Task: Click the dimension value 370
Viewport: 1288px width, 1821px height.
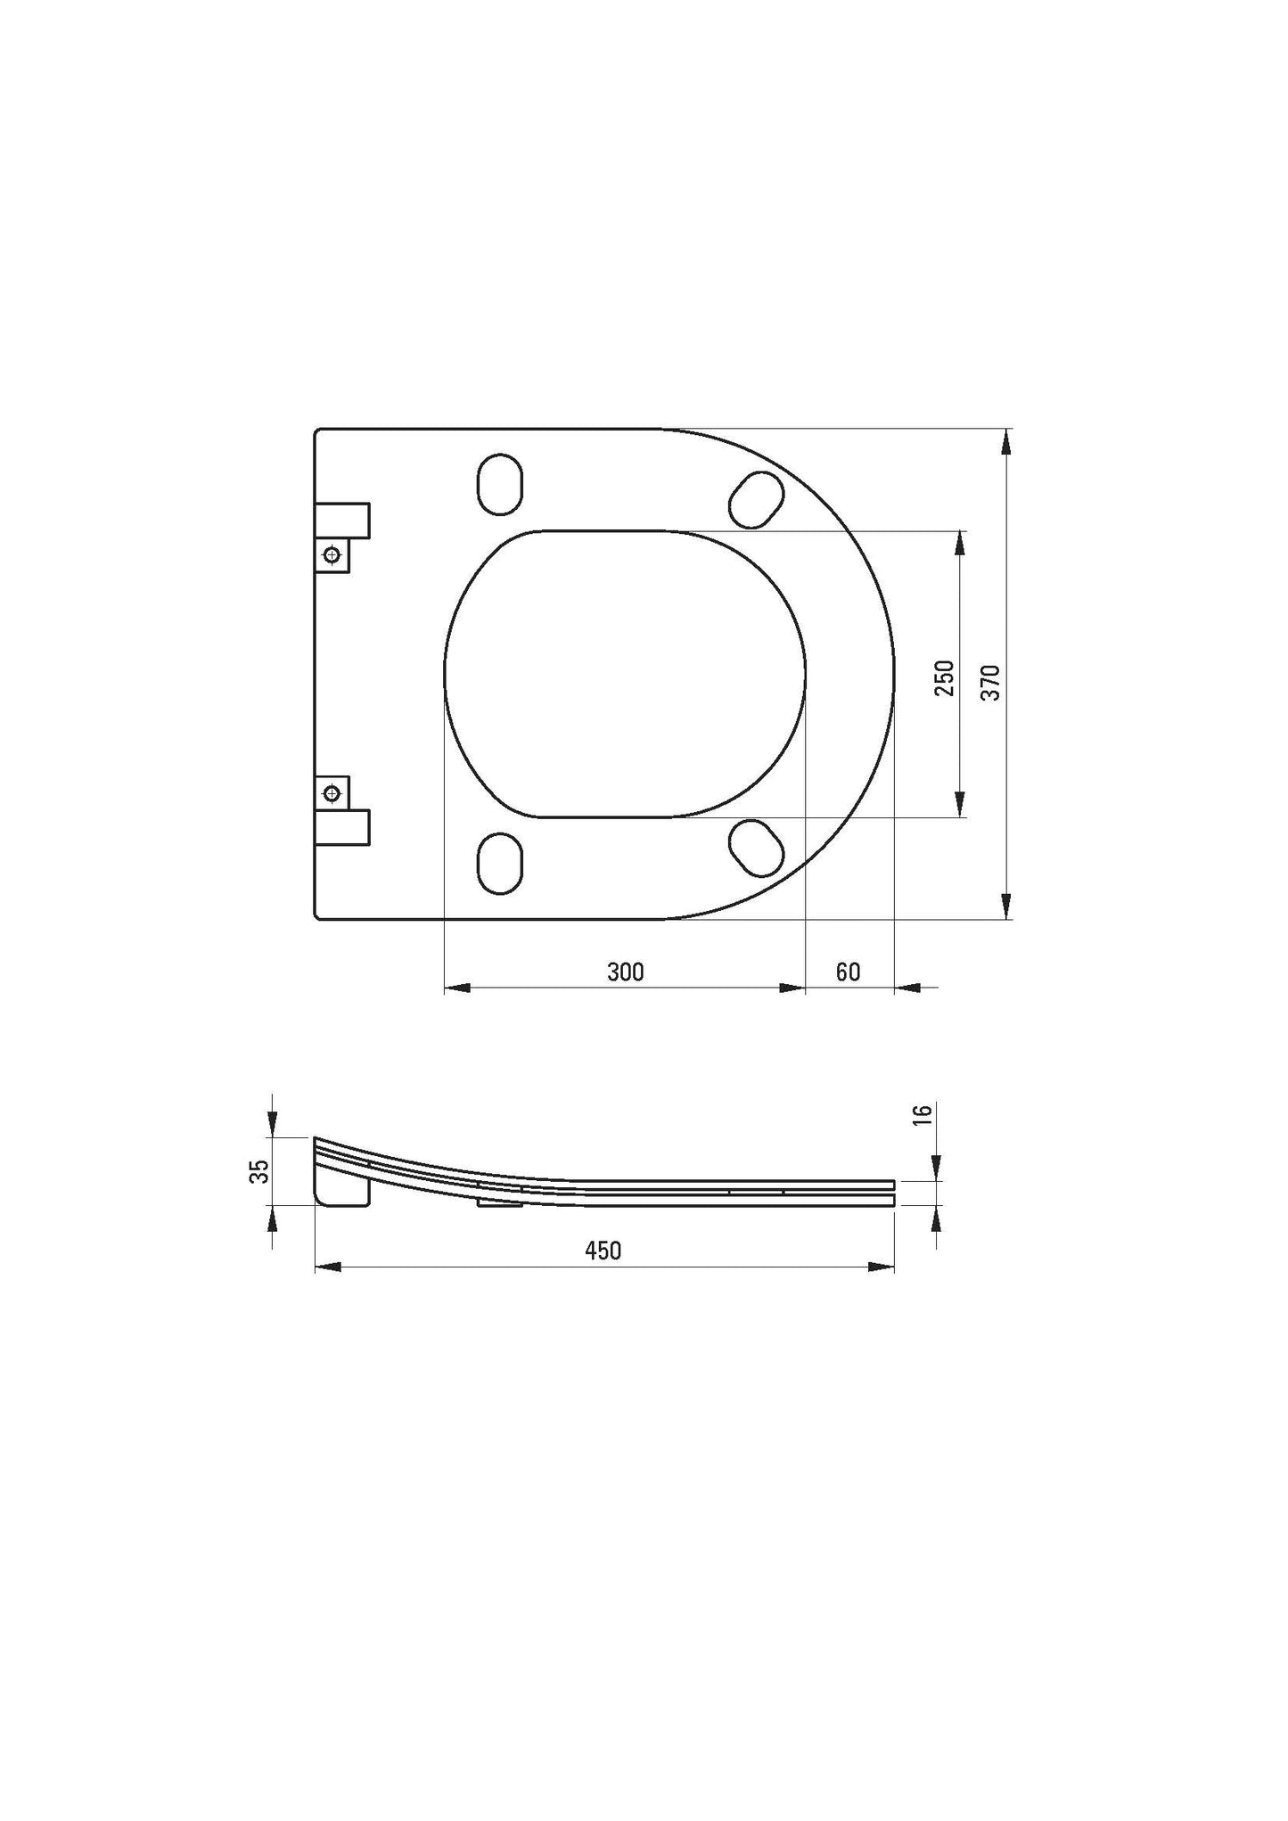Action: pyautogui.click(x=991, y=682)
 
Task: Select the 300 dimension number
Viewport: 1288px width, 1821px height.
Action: pyautogui.click(x=625, y=972)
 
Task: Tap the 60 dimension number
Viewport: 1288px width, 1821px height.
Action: pyautogui.click(x=848, y=972)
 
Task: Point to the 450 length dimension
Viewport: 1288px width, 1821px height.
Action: pyautogui.click(x=603, y=1251)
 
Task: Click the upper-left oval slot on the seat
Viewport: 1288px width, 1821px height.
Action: pyautogui.click(x=500, y=484)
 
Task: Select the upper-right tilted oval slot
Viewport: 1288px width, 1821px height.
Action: pyautogui.click(x=757, y=499)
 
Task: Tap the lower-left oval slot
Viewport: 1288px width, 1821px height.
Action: pyautogui.click(x=500, y=863)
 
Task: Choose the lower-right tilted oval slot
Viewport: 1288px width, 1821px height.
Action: pyautogui.click(x=757, y=847)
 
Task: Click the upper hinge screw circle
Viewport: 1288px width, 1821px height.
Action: pyautogui.click(x=332, y=555)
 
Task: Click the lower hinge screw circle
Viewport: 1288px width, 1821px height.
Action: pyautogui.click(x=332, y=792)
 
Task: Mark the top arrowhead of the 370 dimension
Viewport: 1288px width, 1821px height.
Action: pyautogui.click(x=1006, y=442)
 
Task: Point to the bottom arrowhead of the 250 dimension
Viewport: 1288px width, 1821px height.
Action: pyautogui.click(x=960, y=804)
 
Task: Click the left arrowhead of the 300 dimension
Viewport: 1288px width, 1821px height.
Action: pyautogui.click(x=456, y=988)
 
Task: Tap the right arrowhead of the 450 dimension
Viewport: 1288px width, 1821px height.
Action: pyautogui.click(x=882, y=1267)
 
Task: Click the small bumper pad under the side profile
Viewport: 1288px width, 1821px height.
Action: pyautogui.click(x=500, y=1203)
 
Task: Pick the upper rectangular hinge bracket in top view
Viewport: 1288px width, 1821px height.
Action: pyautogui.click(x=343, y=519)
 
